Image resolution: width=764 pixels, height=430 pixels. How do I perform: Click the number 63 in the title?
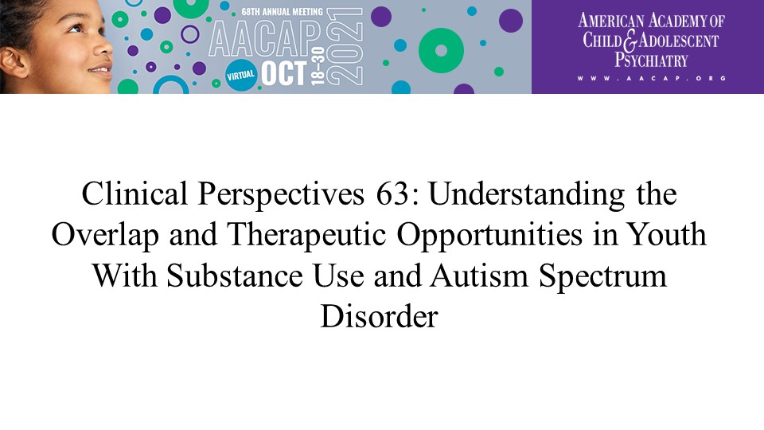(x=392, y=193)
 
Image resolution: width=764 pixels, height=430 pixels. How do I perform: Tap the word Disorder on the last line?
(x=379, y=316)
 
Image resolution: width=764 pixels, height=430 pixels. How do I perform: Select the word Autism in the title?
(x=479, y=276)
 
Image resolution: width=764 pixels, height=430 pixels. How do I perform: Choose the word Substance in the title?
(x=235, y=276)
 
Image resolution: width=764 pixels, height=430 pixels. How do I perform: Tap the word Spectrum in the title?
(x=602, y=277)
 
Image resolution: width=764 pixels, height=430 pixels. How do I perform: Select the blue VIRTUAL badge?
(x=240, y=76)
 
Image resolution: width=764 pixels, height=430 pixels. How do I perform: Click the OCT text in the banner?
(x=284, y=73)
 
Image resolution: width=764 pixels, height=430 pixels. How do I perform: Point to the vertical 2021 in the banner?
(x=345, y=47)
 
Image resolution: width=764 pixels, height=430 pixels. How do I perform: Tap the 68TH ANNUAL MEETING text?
(x=282, y=11)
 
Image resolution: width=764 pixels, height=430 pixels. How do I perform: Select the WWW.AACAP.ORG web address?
(x=652, y=78)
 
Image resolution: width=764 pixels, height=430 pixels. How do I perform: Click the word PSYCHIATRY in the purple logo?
(x=652, y=60)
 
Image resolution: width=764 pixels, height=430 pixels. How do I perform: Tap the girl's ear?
(x=14, y=62)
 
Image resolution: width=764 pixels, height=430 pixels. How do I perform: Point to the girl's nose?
(x=103, y=46)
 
